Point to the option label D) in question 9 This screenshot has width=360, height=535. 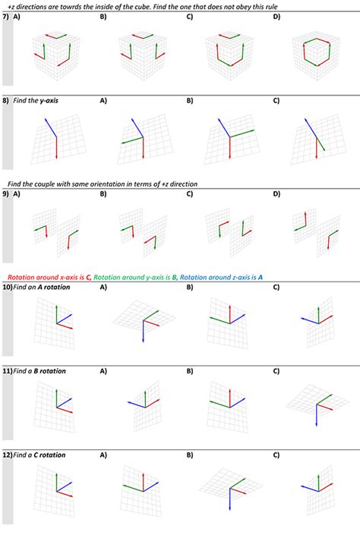(276, 194)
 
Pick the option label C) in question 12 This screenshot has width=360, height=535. (276, 455)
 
